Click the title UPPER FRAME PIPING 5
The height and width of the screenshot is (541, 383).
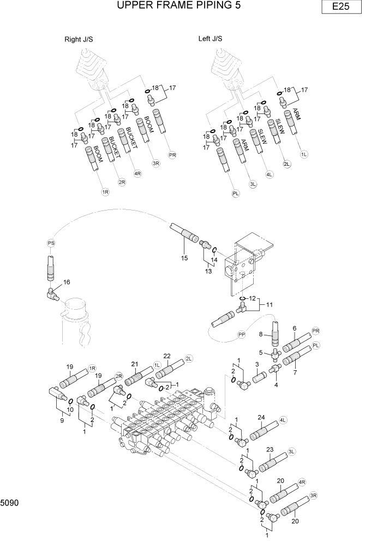(x=179, y=6)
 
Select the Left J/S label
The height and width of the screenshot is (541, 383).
(x=210, y=39)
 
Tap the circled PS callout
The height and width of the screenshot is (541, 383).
(x=51, y=243)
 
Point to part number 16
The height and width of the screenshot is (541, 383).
(x=67, y=282)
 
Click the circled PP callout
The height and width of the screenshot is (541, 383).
(x=242, y=333)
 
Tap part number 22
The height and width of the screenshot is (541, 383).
(x=167, y=356)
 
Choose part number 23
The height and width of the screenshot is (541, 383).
(x=269, y=450)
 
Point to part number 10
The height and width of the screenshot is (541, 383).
(x=70, y=409)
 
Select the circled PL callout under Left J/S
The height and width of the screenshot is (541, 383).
(x=236, y=193)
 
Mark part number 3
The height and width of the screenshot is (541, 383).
(x=257, y=364)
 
